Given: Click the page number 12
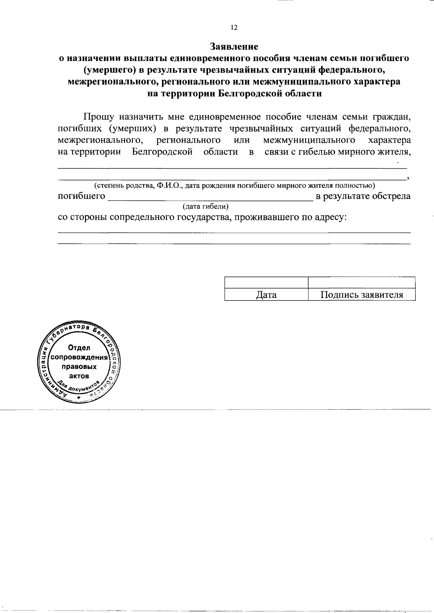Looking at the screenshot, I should [234, 28].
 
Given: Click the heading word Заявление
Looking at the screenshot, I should [234, 47].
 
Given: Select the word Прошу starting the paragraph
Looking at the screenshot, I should [99, 117].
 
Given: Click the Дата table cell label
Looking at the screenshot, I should [266, 295].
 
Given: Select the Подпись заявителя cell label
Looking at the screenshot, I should [362, 295].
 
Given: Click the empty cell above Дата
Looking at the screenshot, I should [266, 282].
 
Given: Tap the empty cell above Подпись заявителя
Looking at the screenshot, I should [362, 282].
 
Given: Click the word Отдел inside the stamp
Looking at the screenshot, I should [79, 348].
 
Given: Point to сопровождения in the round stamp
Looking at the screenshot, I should [80, 358].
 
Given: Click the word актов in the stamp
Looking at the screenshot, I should [79, 376].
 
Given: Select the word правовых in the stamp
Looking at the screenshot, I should [80, 367].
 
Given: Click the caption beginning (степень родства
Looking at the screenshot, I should [234, 186].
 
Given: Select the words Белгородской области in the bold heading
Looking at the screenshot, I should [270, 94].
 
